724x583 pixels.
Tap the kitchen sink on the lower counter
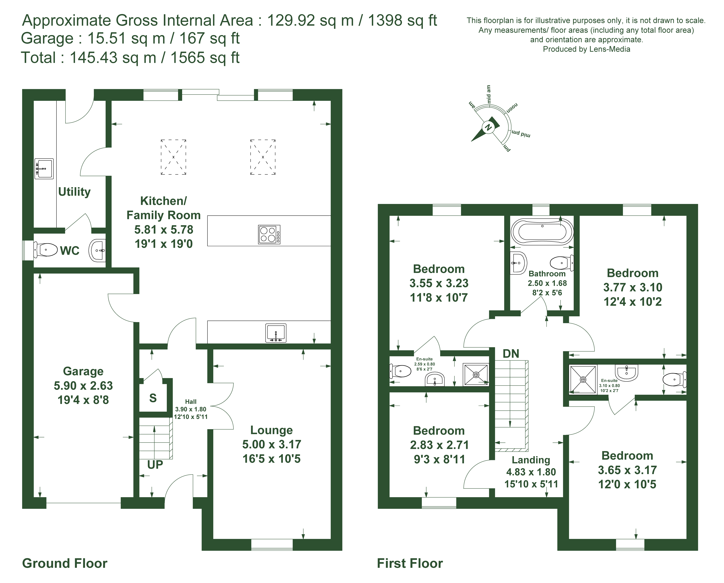click(276, 333)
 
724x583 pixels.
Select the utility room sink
click(44, 169)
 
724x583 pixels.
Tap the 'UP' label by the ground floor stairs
click(155, 465)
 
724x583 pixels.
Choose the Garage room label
click(83, 371)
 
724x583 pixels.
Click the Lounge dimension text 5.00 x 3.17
click(272, 444)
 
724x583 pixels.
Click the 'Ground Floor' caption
click(65, 563)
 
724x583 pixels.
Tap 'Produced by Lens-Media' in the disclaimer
click(586, 49)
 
